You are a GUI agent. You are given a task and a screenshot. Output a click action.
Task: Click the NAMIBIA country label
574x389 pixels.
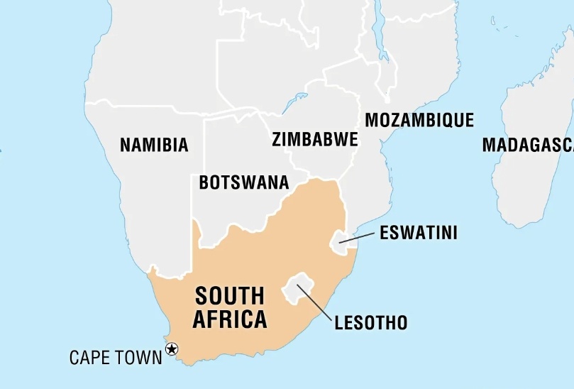(154, 146)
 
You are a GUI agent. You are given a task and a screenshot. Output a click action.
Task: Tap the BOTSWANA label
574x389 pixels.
(243, 182)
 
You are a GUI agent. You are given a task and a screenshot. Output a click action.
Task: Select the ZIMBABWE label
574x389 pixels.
(314, 139)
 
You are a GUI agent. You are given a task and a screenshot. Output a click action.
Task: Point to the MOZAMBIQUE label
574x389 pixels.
(419, 120)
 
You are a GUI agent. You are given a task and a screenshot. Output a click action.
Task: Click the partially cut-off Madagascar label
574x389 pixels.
(528, 146)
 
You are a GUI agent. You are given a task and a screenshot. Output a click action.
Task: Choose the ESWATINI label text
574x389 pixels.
(419, 233)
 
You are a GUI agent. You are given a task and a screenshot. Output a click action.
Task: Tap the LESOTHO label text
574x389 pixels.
(371, 324)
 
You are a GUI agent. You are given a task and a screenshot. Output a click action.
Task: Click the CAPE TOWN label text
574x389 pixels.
(116, 357)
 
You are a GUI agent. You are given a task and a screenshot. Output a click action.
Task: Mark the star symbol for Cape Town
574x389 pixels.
(171, 349)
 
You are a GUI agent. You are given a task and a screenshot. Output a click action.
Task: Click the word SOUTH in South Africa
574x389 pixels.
(229, 296)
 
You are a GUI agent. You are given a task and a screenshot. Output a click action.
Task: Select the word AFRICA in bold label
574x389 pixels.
(230, 320)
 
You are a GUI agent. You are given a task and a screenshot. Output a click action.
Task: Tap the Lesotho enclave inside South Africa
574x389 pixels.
(297, 287)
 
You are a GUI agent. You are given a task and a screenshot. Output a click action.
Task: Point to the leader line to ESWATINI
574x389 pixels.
(358, 238)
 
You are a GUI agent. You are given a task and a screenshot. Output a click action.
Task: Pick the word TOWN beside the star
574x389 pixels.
(138, 357)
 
